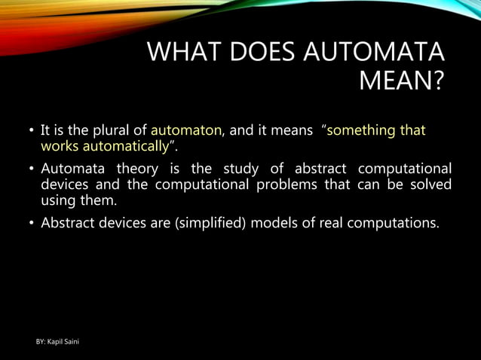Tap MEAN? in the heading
click(401, 81)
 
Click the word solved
click(431, 185)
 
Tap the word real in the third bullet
click(324, 223)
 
